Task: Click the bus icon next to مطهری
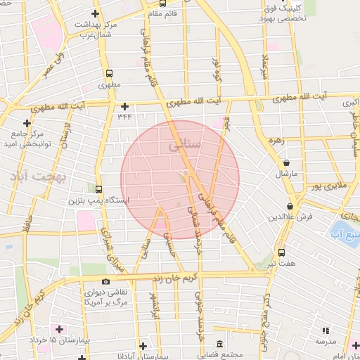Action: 109,72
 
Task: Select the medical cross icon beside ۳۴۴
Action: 124,107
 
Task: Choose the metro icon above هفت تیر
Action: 281,252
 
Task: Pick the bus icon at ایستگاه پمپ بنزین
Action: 98,190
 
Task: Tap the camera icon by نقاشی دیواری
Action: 106,281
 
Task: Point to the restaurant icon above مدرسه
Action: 325,330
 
